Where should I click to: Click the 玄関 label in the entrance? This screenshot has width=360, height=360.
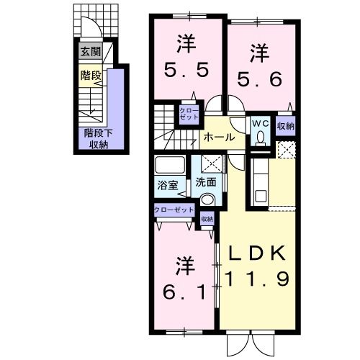pyautogui.click(x=91, y=51)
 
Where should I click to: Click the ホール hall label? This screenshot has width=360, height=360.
pyautogui.click(x=217, y=137)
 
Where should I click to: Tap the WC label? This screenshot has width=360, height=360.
pyautogui.click(x=259, y=122)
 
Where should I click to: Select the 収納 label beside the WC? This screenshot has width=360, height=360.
pyautogui.click(x=285, y=126)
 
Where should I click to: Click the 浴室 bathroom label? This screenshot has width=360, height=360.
pyautogui.click(x=166, y=184)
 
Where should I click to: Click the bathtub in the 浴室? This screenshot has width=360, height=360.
pyautogui.click(x=169, y=165)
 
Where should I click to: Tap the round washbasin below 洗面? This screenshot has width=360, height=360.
pyautogui.click(x=207, y=199)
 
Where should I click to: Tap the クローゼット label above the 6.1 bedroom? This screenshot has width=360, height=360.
pyautogui.click(x=173, y=210)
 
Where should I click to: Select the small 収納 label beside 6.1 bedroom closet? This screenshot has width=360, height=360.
pyautogui.click(x=207, y=220)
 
